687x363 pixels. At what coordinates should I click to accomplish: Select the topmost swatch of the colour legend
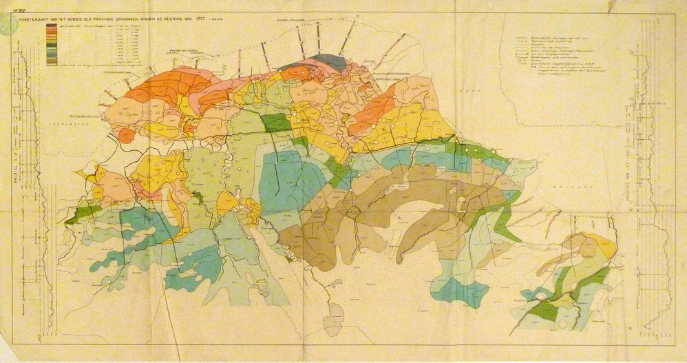coord(52,25)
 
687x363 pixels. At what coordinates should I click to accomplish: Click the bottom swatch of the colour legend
coord(52,63)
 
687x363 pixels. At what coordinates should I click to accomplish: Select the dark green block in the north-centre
coord(276,123)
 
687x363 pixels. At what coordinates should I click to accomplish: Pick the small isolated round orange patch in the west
coord(126,136)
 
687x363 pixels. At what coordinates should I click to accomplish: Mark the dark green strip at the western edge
coord(83,213)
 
